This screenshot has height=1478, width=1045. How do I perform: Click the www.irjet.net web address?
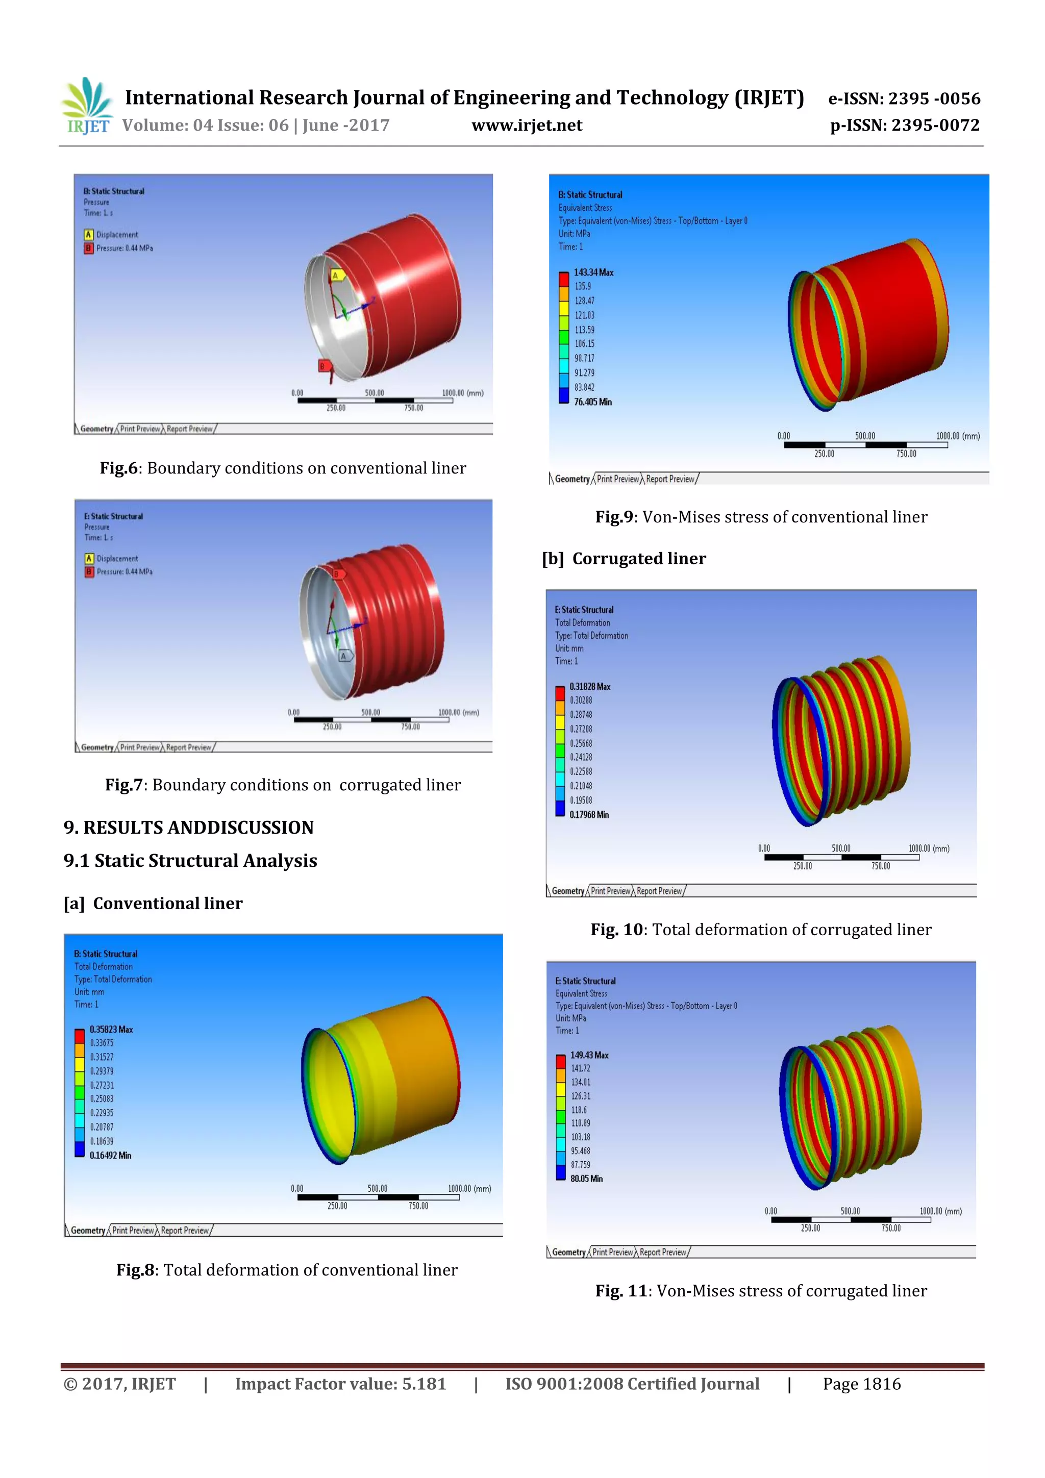(527, 126)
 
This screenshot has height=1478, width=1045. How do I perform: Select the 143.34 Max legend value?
(593, 273)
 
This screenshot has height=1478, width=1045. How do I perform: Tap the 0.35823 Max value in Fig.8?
(111, 1030)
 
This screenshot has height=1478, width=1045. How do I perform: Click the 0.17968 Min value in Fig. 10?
(588, 815)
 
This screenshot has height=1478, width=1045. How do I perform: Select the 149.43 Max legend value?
(589, 1055)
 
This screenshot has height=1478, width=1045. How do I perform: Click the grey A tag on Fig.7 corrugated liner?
(345, 656)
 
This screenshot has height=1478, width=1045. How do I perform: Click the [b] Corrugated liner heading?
(623, 559)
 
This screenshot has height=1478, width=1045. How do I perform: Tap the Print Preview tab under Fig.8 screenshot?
(133, 1230)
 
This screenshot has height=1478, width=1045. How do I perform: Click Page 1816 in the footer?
(861, 1384)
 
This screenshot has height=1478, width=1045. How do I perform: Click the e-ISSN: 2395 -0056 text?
(903, 98)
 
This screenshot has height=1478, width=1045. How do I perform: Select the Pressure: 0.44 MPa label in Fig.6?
(125, 248)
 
